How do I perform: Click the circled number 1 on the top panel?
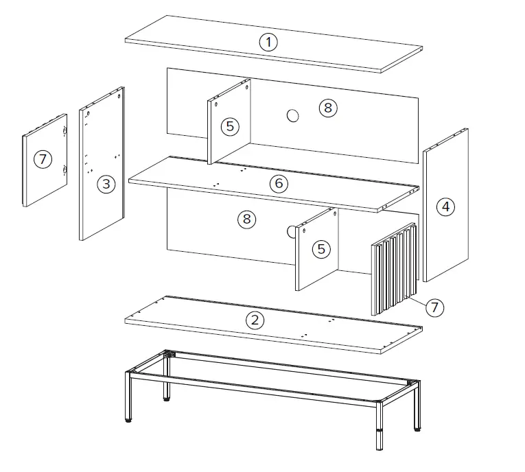coord(269,43)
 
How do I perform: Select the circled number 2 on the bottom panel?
coord(255,320)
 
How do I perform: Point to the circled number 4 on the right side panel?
coord(446,206)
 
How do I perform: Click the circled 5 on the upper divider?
coord(230,126)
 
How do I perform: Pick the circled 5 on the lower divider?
coord(321,249)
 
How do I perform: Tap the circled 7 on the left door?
coord(43,159)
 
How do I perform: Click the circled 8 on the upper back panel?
coord(327,107)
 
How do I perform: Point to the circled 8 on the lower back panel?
coord(246,219)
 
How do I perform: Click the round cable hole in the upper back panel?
coord(293,116)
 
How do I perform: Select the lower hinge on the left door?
coord(65,169)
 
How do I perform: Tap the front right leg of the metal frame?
coord(380,426)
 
